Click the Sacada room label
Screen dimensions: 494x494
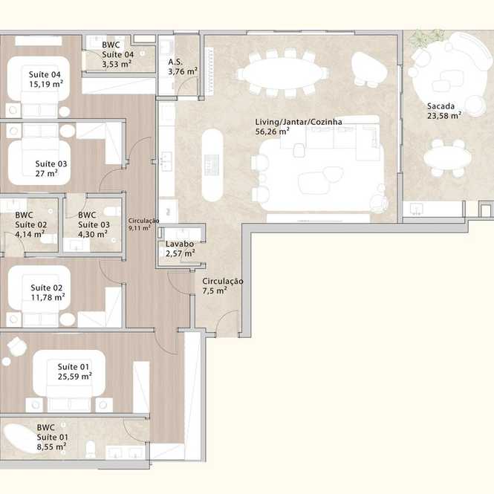(x=441, y=106)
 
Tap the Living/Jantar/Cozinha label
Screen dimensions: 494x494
(x=299, y=122)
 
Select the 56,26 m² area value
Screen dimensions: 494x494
(x=272, y=131)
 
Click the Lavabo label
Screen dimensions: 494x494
(x=180, y=244)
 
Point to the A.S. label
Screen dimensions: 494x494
(x=175, y=62)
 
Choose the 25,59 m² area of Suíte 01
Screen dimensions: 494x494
(x=75, y=377)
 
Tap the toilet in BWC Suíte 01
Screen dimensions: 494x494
(x=91, y=449)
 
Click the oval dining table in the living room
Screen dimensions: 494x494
(x=282, y=74)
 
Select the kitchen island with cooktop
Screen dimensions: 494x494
(x=212, y=165)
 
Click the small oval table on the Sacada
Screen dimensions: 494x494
(x=447, y=157)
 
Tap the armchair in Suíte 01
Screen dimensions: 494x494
(x=17, y=347)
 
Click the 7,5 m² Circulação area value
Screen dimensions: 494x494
(x=215, y=290)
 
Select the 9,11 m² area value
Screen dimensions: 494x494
(x=139, y=227)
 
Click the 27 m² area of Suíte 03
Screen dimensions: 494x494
(x=46, y=173)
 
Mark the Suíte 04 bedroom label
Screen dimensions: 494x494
(x=45, y=75)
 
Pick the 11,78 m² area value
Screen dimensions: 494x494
(x=48, y=297)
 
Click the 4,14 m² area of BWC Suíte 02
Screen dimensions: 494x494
(x=30, y=234)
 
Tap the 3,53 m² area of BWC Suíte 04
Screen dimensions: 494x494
(x=116, y=64)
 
